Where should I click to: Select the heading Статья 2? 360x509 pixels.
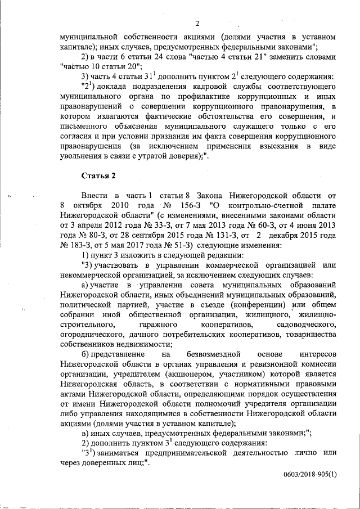[98, 175]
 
